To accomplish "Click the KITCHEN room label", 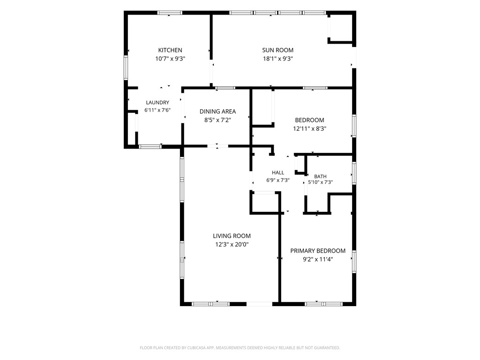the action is pos(170,50).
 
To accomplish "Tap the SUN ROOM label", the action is pos(277,50).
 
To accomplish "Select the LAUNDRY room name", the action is pos(157,103).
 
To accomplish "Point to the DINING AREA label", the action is pos(217,112).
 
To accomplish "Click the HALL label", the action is pos(278,172).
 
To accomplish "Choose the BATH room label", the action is pos(320,177).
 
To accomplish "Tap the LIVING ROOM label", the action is pos(232,236).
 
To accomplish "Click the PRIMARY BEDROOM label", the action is pos(318,251).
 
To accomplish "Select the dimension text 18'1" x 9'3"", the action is pos(278,59).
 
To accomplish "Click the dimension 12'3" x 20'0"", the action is pos(232,245).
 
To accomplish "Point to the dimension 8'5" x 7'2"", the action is pos(217,120).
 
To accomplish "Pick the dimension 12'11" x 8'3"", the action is pos(309,129).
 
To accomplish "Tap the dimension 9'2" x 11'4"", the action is pos(318,260).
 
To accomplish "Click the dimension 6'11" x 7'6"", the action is pos(157,110).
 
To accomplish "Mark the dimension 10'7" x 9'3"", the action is pos(170,59).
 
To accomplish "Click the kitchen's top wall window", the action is pos(170,13).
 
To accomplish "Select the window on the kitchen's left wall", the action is pos(126,67).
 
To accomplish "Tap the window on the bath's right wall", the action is pos(354,173).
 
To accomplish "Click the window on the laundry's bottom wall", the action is pos(150,147).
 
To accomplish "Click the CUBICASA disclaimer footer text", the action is pos(240,348).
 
